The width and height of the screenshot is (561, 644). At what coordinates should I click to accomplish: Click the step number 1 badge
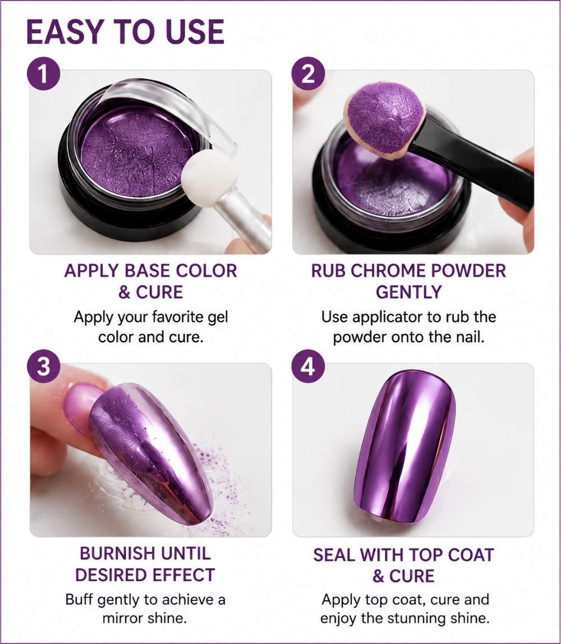pyautogui.click(x=44, y=74)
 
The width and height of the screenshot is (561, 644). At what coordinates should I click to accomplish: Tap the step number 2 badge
pyautogui.click(x=308, y=74)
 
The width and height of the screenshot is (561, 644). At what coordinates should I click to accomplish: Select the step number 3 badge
pyautogui.click(x=44, y=366)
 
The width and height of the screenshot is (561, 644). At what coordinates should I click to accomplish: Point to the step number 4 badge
pyautogui.click(x=308, y=366)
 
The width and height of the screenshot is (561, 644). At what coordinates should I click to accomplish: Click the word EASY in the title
pyautogui.click(x=65, y=31)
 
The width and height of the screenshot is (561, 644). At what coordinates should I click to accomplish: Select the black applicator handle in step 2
pyautogui.click(x=472, y=164)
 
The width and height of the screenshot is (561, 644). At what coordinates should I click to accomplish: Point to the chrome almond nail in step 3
pyautogui.click(x=150, y=453)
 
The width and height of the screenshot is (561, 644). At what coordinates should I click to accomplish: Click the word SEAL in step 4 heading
pyautogui.click(x=334, y=555)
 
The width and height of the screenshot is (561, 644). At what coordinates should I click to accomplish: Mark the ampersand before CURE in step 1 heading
pyautogui.click(x=125, y=292)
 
